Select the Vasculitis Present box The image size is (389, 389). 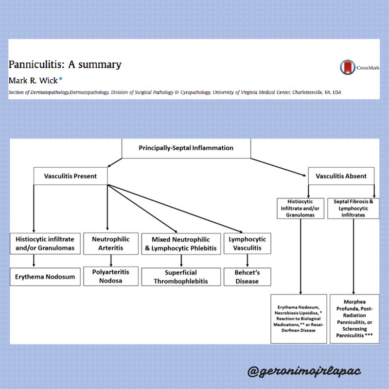click(x=71, y=176)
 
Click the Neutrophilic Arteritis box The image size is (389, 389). click(x=110, y=243)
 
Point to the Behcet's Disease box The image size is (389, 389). click(x=247, y=276)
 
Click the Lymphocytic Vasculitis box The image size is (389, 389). click(x=247, y=244)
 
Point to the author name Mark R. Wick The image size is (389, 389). click(x=33, y=80)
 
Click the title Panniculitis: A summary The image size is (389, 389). click(x=65, y=64)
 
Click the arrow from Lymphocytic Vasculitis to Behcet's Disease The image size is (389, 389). click(x=247, y=261)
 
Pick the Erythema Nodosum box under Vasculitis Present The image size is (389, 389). click(x=43, y=277)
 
